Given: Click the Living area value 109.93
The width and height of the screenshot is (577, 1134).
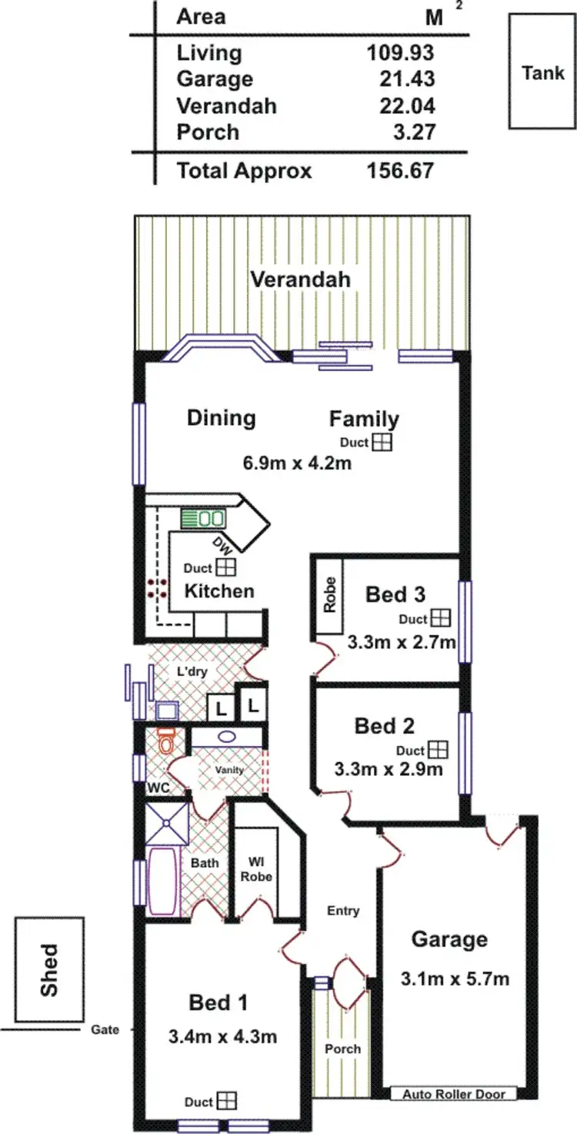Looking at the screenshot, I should (400, 53).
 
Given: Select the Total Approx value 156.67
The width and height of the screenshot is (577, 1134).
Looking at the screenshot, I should (400, 170).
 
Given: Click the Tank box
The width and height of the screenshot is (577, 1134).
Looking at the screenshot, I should (542, 72).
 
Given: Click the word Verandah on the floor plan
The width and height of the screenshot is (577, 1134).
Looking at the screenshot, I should (300, 279).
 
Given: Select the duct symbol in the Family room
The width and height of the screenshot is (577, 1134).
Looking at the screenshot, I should (382, 442).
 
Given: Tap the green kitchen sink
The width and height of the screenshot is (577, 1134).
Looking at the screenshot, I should (204, 518).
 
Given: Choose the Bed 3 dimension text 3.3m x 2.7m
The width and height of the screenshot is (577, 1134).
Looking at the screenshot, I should (401, 642).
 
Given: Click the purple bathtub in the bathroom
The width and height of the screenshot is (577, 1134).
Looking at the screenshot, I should (162, 881).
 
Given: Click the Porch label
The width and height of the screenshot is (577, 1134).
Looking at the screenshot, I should (342, 1049).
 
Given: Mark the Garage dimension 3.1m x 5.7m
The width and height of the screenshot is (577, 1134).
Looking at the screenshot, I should (455, 979).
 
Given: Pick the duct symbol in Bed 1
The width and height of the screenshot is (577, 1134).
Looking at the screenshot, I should (227, 1102).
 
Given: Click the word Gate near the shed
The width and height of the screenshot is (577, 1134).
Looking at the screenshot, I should (105, 1029).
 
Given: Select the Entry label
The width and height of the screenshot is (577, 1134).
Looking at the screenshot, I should (343, 911).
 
